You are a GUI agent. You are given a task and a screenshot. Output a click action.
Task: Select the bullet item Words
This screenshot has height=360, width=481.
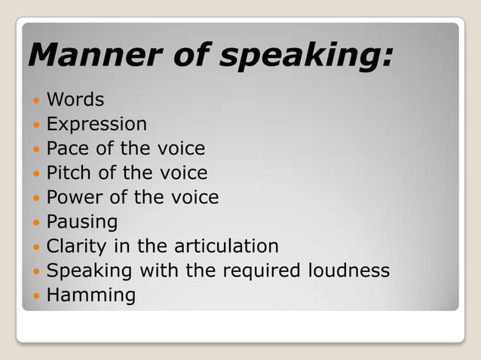(75, 99)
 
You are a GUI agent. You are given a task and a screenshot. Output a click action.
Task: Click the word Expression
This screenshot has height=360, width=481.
(97, 124)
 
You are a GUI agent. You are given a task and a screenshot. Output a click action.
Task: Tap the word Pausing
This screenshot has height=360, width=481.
(82, 222)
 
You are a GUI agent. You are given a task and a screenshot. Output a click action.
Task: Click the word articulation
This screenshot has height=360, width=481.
(227, 246)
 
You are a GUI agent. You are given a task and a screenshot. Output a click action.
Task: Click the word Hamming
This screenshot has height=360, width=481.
(91, 295)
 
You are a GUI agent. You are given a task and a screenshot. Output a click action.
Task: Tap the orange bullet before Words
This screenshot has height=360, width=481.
(35, 99)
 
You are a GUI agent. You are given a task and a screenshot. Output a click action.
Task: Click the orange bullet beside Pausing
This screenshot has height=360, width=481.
(35, 223)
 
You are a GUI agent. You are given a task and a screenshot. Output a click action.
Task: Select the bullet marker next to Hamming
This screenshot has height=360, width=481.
(35, 296)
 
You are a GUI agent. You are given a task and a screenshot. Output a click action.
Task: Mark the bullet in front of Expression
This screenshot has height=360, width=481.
(35, 124)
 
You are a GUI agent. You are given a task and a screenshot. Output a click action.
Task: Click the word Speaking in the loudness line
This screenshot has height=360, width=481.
(88, 271)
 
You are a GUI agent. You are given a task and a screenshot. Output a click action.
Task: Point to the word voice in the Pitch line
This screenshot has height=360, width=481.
(182, 172)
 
